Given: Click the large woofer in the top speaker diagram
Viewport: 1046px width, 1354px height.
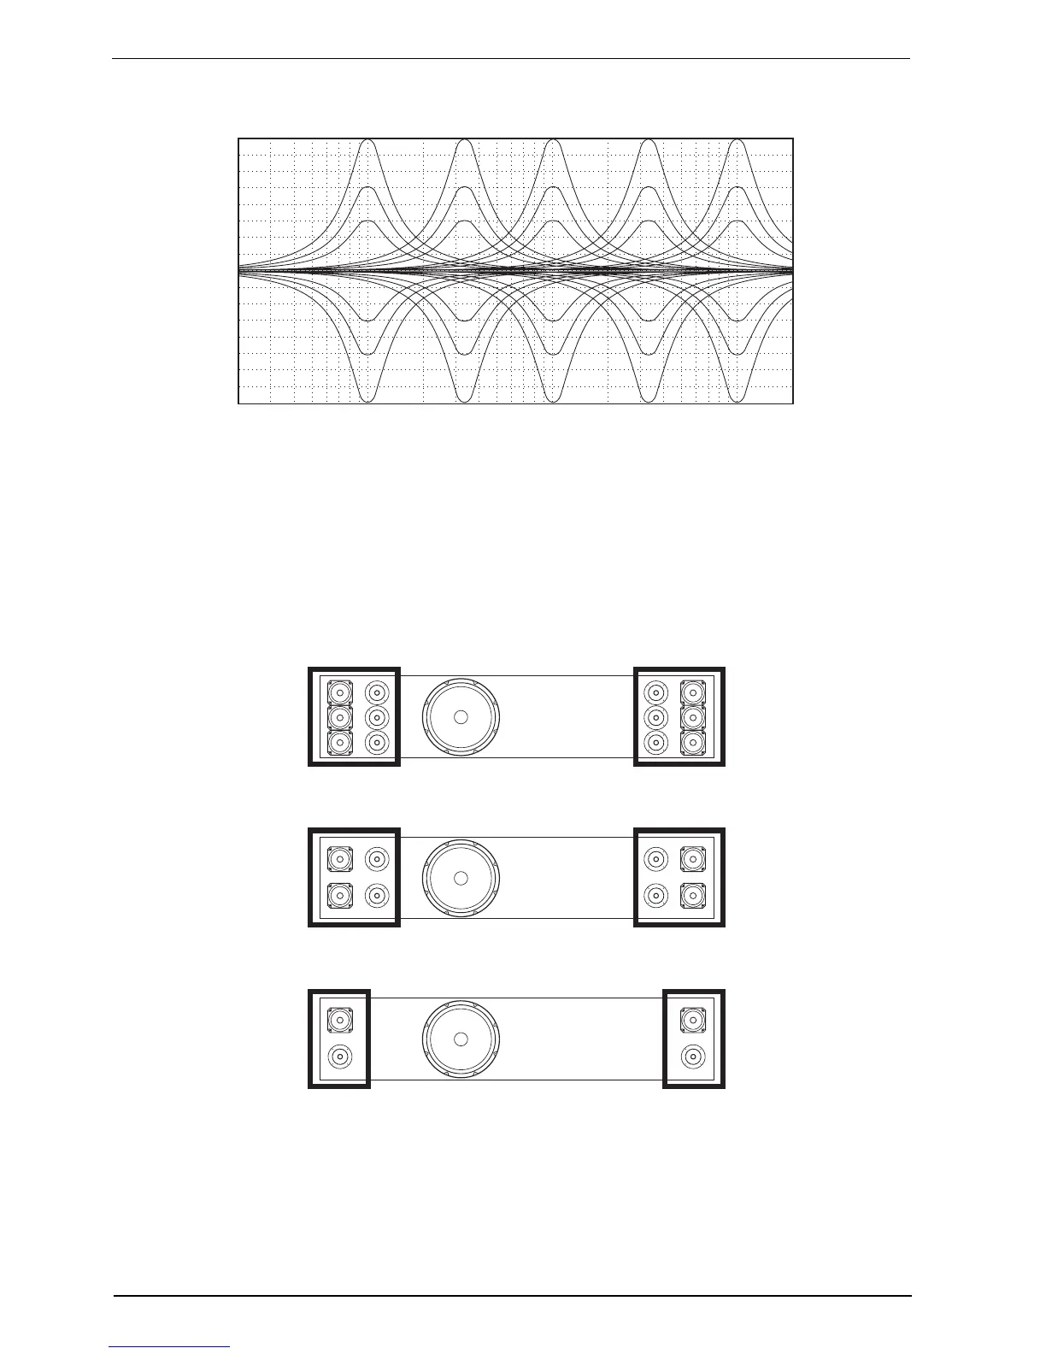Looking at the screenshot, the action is tap(461, 717).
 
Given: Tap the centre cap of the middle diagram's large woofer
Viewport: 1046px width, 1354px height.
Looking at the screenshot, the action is tap(461, 878).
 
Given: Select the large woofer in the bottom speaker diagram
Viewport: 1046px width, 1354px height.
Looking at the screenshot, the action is tap(461, 1039).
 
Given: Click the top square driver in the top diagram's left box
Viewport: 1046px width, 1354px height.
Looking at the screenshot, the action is tap(340, 692).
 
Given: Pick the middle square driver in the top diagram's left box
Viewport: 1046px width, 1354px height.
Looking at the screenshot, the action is tap(340, 717).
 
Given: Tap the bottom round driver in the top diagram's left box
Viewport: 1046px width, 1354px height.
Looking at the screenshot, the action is tap(377, 742).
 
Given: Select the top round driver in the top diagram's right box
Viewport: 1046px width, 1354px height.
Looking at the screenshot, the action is tap(655, 692).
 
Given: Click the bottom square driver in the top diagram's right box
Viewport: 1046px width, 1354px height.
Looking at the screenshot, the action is tap(692, 742).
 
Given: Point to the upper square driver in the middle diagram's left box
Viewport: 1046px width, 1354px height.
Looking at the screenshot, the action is tap(340, 859).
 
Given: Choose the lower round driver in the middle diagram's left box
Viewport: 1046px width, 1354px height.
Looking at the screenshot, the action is tap(377, 896).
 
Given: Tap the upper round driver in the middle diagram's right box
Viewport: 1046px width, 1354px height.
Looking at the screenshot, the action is tap(655, 859).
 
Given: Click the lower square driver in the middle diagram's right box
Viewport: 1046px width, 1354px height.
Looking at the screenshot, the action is tap(692, 896).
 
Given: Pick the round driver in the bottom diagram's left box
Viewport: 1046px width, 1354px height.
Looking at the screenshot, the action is tap(340, 1057).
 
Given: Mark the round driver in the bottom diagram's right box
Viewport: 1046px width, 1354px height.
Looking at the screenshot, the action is tap(693, 1057).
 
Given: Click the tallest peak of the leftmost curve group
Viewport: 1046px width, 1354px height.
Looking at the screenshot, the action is tap(367, 141).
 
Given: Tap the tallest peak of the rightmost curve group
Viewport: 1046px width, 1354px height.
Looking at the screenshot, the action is tap(737, 141).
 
